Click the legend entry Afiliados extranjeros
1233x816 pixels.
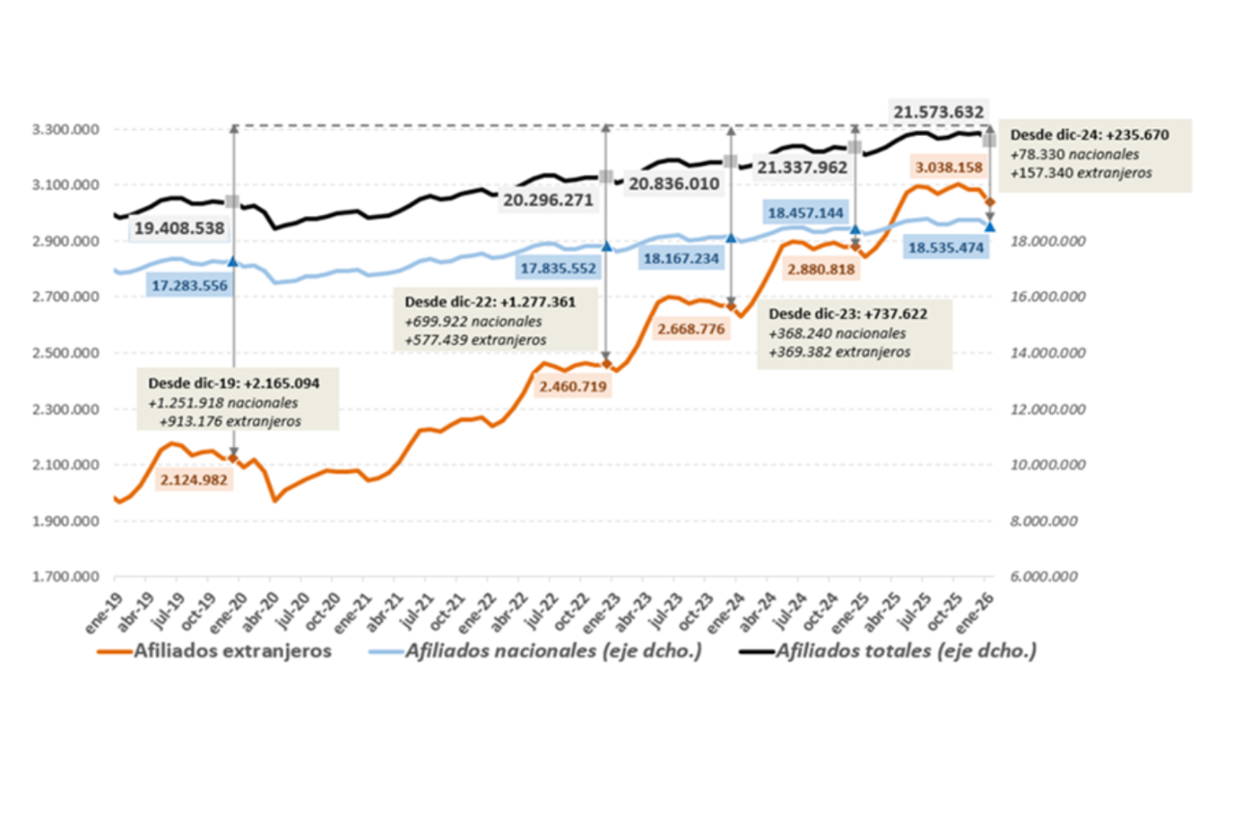(234, 650)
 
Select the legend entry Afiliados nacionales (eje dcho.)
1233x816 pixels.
(553, 650)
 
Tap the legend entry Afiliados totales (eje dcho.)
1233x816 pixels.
(905, 650)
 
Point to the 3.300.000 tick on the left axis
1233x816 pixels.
(67, 129)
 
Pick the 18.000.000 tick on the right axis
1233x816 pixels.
(1048, 241)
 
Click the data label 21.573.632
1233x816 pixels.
(937, 113)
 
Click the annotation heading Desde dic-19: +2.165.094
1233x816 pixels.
(233, 383)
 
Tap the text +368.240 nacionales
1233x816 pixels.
(836, 333)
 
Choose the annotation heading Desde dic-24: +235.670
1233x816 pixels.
(1089, 135)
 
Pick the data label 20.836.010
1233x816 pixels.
(674, 182)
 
